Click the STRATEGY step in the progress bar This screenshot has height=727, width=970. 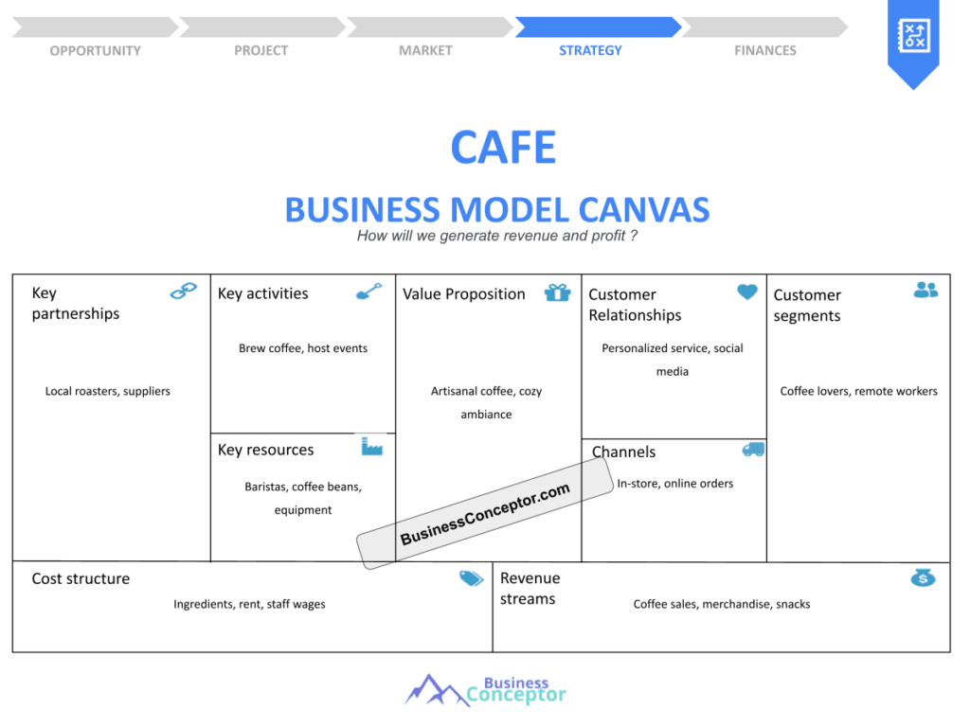[590, 50]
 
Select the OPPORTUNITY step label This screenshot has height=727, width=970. [95, 50]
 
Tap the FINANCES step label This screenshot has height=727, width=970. [765, 50]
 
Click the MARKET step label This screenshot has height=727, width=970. [425, 50]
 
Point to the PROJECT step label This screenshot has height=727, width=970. [260, 50]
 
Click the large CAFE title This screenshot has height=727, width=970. [503, 148]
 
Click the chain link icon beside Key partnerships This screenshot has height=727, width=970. [184, 291]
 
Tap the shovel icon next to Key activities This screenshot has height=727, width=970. [368, 291]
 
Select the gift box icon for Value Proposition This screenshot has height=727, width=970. [557, 293]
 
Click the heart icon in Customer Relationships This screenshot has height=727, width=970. [747, 292]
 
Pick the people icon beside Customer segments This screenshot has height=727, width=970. [925, 290]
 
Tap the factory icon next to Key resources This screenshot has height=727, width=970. [371, 446]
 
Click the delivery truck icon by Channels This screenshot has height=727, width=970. [753, 449]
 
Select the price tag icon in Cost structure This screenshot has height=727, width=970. [471, 578]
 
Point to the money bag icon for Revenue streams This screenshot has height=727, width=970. [923, 577]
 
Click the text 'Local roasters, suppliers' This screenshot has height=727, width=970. [108, 391]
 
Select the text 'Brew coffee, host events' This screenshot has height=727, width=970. [303, 348]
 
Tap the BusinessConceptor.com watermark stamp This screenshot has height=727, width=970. [484, 513]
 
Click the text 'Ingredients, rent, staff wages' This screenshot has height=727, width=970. [249, 604]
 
